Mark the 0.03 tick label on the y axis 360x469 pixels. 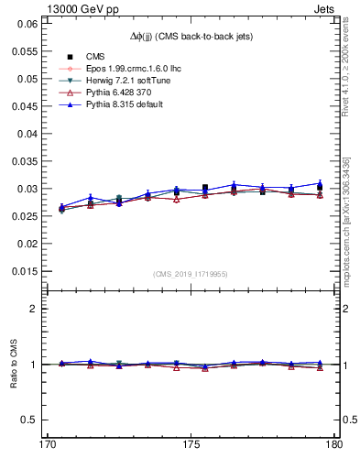click(26, 189)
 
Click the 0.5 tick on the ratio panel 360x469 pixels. click(28, 420)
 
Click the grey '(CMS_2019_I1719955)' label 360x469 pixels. click(191, 274)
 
